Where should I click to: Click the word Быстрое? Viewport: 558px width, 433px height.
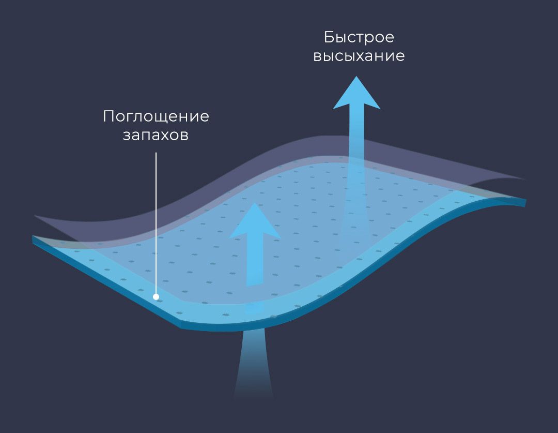tap(359, 38)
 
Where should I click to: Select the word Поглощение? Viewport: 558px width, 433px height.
tap(156, 116)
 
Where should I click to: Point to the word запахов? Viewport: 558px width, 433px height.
tap(156, 136)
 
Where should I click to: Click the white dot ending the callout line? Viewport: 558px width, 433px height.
tap(156, 297)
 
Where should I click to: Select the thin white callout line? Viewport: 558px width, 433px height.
tap(156, 217)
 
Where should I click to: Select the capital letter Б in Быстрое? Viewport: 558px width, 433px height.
tap(329, 38)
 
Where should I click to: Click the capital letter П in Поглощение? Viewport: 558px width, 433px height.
tap(108, 116)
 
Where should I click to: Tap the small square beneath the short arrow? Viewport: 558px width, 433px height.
tap(253, 308)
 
